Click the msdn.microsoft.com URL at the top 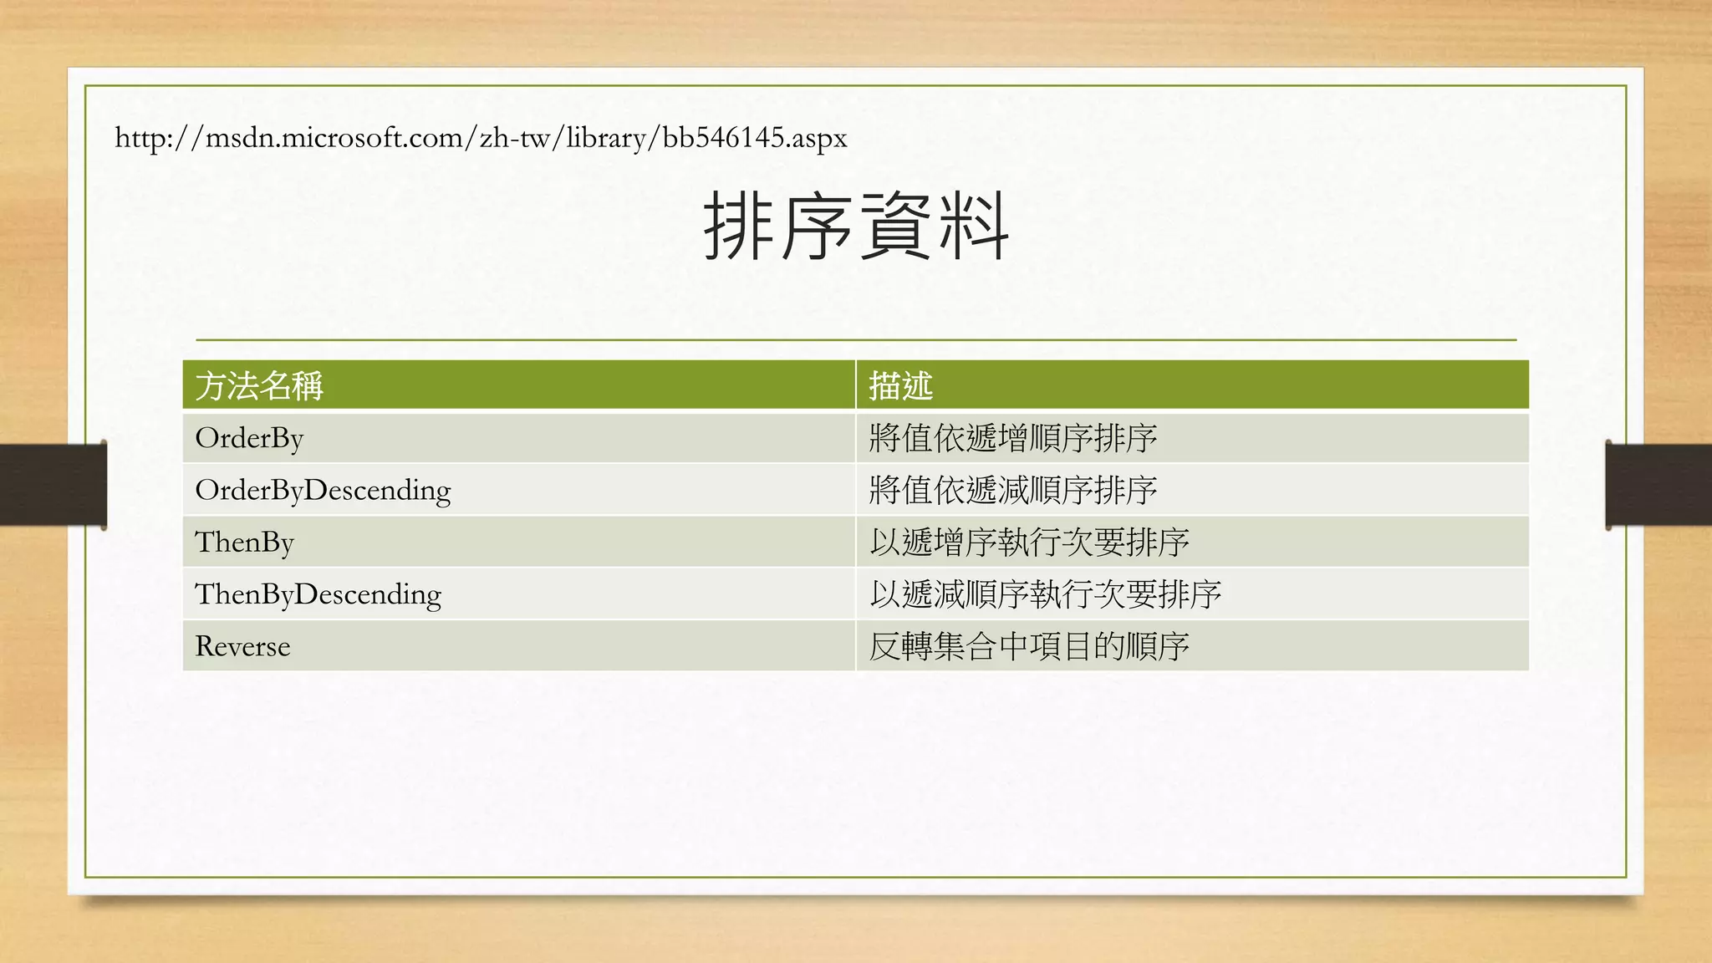coord(481,137)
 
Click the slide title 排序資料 coord(856,226)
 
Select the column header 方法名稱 coord(259,385)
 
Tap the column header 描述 coord(900,385)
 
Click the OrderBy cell coord(249,438)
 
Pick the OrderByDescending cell coord(323,490)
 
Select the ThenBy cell coord(244,542)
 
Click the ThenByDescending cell coord(318,594)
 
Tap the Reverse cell coord(242,646)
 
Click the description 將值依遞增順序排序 coord(1012,438)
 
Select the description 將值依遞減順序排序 coord(1012,490)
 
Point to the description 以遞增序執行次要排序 coord(1028,542)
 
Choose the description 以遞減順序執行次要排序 coord(1045,594)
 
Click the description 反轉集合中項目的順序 coord(1028,646)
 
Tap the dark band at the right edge coord(1659,485)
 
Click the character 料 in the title coord(973,226)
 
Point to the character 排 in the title coord(739,226)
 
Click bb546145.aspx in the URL coord(754,137)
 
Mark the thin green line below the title coord(856,340)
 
